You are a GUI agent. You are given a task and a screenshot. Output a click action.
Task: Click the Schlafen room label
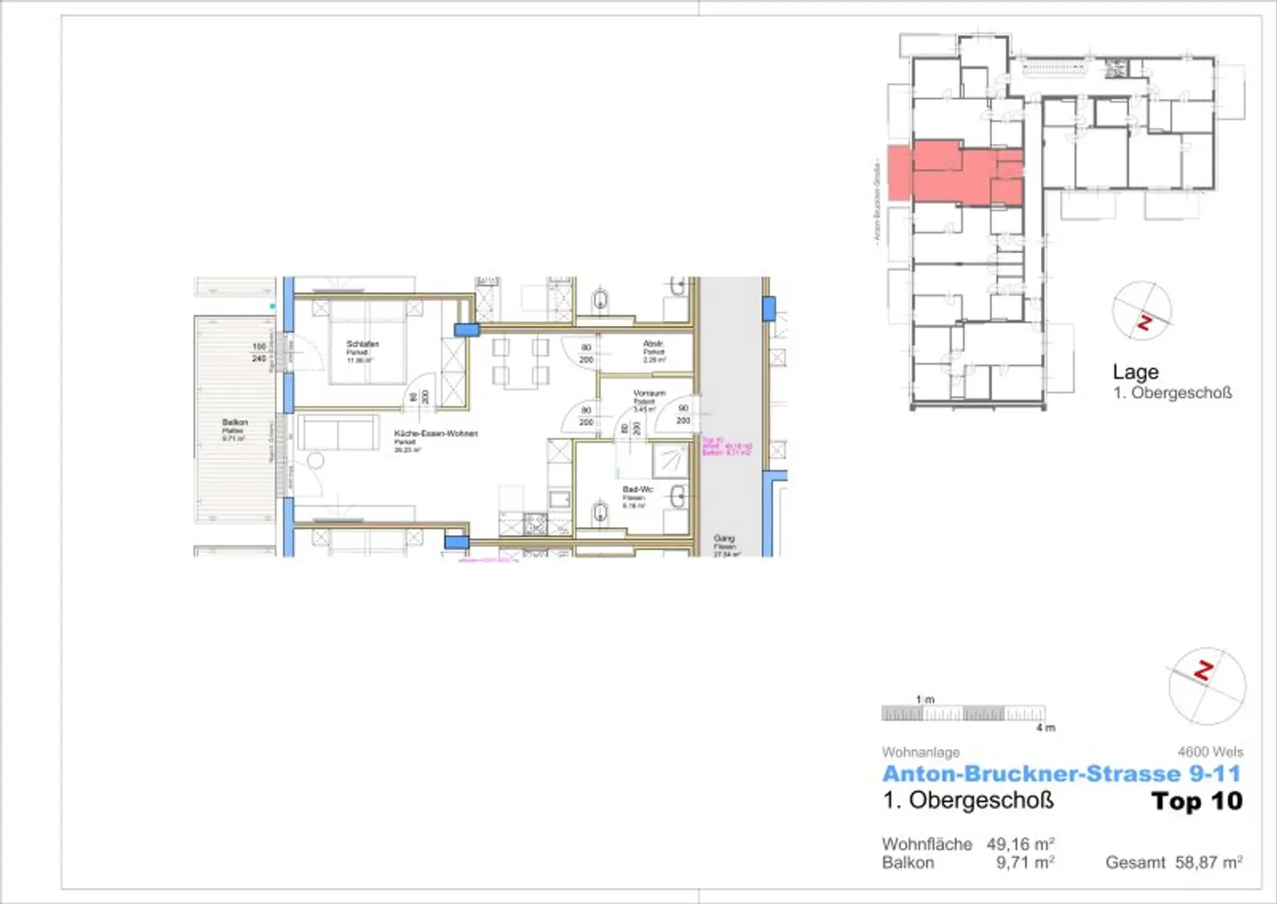point(362,344)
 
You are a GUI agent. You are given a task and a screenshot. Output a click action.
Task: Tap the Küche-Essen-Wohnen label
point(436,433)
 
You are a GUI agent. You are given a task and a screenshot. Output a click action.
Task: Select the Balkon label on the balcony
point(234,422)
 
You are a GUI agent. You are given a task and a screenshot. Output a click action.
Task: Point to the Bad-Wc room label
point(637,490)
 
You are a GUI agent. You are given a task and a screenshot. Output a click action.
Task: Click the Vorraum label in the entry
point(648,393)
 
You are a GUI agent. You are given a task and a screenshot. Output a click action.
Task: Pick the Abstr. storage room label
point(653,343)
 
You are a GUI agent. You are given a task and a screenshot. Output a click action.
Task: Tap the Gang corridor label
point(723,539)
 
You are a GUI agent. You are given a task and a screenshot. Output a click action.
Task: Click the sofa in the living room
point(338,433)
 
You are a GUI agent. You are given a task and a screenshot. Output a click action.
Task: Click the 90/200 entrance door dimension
point(683,414)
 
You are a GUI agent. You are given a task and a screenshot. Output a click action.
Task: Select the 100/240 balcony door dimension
point(259,353)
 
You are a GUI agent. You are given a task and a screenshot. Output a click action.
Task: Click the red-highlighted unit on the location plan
point(956,173)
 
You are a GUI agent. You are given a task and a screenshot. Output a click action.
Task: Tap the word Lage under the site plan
point(1135,372)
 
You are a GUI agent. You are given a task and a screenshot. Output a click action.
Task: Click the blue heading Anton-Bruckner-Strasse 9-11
point(1061,774)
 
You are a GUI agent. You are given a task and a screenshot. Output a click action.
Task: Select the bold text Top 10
point(1196,802)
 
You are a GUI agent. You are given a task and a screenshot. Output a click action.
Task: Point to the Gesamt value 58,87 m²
point(1208,862)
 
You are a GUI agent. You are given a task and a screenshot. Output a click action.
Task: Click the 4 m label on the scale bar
point(1045,728)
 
